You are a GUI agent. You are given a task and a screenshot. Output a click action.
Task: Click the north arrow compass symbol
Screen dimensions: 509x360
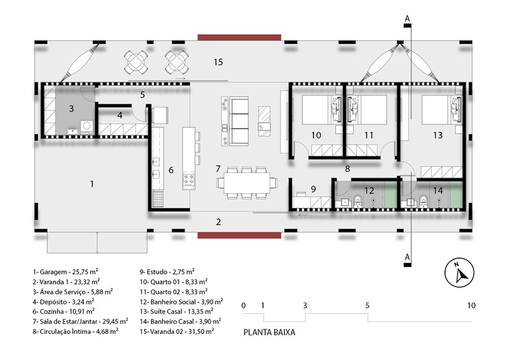(x=459, y=273)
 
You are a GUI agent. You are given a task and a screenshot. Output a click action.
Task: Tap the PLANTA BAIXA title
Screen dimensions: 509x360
(x=269, y=333)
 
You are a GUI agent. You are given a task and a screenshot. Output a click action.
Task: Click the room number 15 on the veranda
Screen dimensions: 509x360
(x=218, y=62)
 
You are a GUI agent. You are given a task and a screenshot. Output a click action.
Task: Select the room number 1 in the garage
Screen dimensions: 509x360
(x=92, y=184)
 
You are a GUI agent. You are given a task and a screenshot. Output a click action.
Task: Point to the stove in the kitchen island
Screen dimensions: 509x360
(x=189, y=181)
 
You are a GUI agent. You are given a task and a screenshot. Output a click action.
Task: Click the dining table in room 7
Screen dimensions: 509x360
(x=247, y=183)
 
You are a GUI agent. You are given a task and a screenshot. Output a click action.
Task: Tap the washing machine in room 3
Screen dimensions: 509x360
(x=87, y=127)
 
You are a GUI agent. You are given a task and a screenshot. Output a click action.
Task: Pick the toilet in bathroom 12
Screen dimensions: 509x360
(x=358, y=201)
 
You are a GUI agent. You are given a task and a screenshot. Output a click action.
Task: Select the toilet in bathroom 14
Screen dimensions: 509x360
(x=423, y=201)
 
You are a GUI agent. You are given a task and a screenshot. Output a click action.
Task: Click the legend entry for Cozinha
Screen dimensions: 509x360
(x=64, y=312)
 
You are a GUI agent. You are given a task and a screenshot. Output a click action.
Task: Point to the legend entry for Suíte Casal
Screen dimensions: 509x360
(x=177, y=312)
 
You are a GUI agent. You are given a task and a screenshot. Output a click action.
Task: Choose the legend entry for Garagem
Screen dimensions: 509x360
(x=65, y=272)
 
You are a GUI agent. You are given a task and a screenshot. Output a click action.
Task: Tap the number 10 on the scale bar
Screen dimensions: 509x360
(x=471, y=306)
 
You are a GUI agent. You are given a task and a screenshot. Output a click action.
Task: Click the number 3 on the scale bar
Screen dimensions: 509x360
(x=305, y=306)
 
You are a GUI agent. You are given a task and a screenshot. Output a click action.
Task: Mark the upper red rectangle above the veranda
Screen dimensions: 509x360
(x=239, y=37)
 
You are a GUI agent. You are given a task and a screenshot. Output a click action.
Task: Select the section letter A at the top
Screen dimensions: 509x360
(x=407, y=18)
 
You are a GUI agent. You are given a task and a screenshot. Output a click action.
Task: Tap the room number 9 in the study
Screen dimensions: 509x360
(x=313, y=189)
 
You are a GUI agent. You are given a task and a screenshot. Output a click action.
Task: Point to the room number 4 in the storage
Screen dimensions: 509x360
(x=120, y=115)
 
